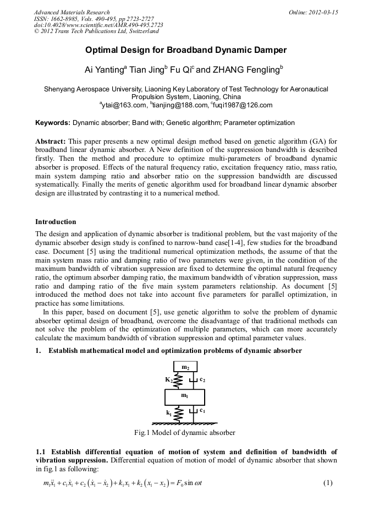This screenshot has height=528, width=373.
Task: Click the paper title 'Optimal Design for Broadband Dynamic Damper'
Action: [x=186, y=51]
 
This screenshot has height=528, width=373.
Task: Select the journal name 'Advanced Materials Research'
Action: [x=72, y=12]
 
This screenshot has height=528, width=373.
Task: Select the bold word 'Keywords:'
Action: [x=53, y=123]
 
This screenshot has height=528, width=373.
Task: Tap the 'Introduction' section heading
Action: [x=56, y=222]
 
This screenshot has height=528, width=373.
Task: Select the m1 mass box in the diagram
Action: [x=185, y=396]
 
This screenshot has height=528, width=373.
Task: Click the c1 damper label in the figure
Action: [x=202, y=411]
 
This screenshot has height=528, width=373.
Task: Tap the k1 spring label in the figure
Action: [x=169, y=411]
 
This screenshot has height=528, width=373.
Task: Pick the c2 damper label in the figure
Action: [x=202, y=380]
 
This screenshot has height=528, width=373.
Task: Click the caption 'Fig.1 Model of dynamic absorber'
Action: [x=185, y=433]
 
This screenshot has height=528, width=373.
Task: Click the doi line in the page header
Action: [x=98, y=25]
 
